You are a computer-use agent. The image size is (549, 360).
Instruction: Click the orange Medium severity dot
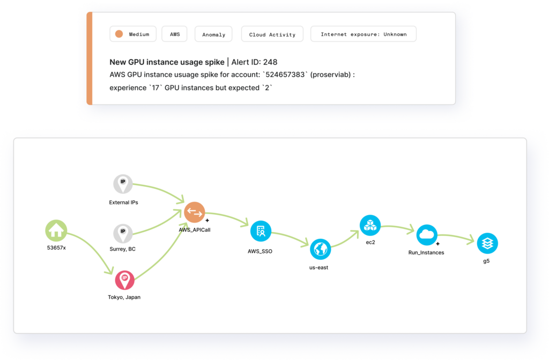coord(119,34)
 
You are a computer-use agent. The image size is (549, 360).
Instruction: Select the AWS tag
coord(175,34)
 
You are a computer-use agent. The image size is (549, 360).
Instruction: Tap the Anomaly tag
coord(214,34)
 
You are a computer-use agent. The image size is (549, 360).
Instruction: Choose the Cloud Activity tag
coord(272,34)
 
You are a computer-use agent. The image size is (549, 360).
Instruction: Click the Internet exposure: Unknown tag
coord(363,34)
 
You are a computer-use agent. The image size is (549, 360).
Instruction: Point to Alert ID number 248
coord(270,62)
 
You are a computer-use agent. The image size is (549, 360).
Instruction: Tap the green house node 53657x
coord(56,231)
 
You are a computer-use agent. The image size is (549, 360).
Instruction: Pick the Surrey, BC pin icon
coord(123,233)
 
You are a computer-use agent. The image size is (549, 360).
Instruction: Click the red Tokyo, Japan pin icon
coord(124,280)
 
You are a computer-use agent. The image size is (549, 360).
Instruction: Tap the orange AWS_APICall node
coord(195,212)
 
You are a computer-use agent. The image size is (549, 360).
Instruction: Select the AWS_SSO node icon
coord(261,231)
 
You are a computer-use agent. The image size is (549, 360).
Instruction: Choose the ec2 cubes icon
coord(370,225)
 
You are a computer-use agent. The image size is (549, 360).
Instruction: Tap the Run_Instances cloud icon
coord(427,234)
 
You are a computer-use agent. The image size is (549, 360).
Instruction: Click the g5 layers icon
coord(487,243)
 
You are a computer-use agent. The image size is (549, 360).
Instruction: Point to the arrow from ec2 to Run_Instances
coord(398,228)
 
